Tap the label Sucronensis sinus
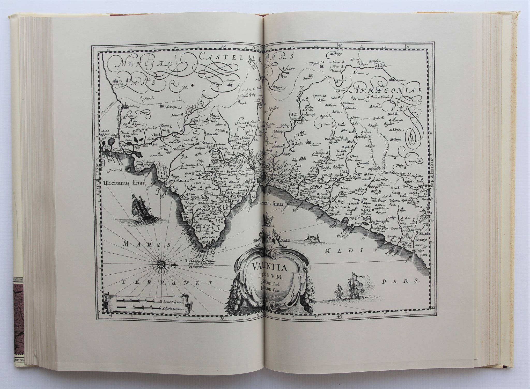pos(271,204)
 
